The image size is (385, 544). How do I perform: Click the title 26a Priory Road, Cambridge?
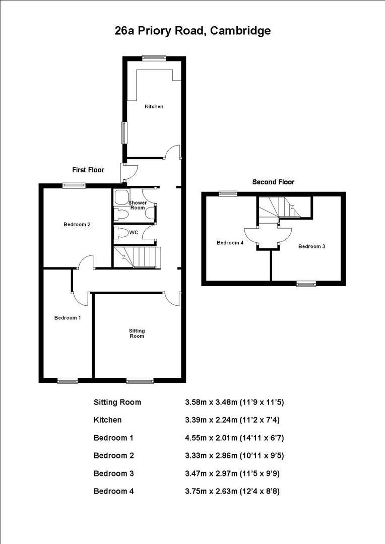click(x=192, y=31)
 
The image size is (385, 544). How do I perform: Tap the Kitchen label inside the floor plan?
click(x=154, y=107)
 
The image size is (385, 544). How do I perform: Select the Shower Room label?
click(x=138, y=205)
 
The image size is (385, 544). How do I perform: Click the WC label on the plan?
click(x=134, y=233)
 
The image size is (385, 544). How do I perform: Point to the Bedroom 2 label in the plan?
click(x=77, y=224)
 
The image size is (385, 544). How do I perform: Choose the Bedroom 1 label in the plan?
click(x=68, y=318)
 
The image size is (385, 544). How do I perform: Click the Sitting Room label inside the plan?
click(x=137, y=333)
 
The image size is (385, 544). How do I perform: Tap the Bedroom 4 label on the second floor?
click(x=230, y=243)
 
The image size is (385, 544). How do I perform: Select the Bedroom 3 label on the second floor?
click(x=311, y=246)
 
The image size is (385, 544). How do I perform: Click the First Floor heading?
click(x=88, y=170)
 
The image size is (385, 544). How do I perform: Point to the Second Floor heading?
click(x=273, y=182)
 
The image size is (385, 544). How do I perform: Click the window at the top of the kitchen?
click(x=154, y=58)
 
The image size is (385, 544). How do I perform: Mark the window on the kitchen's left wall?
click(x=123, y=132)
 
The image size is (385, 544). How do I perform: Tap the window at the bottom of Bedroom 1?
click(x=67, y=381)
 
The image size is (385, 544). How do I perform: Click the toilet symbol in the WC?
click(x=120, y=233)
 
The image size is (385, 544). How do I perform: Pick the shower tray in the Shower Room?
click(x=121, y=197)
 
